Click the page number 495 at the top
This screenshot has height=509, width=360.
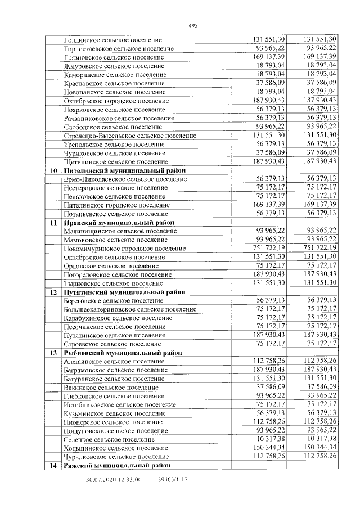(x=192, y=26)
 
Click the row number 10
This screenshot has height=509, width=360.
(x=53, y=170)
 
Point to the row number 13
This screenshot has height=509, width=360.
(x=53, y=353)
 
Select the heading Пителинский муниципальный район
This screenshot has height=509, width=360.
(x=125, y=170)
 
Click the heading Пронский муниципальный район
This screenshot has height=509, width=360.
(x=119, y=223)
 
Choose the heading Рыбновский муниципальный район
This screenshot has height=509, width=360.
(x=124, y=353)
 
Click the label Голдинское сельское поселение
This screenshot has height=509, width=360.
(x=113, y=40)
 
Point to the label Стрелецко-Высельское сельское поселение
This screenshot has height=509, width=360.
(x=130, y=136)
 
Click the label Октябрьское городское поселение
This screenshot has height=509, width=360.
(x=116, y=101)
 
